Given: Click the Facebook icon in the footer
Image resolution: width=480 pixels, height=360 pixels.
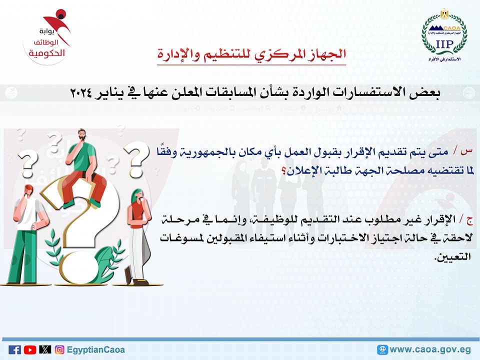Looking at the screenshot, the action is pos(14,349).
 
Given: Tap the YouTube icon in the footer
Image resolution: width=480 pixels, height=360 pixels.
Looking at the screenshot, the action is pos(30,349).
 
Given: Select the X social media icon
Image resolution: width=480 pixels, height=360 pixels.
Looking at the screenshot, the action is pos(45,349).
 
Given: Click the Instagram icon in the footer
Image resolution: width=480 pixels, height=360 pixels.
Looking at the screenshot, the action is pos(59,349).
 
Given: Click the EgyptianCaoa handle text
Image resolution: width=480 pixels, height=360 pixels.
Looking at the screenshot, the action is pos(96,350).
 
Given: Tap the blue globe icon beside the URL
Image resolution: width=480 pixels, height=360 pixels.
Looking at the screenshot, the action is pos(382,349).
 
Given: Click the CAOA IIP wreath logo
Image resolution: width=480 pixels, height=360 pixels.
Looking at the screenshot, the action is pos(444,35).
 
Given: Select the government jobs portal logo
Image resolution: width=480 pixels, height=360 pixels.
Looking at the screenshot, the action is pos(47,36).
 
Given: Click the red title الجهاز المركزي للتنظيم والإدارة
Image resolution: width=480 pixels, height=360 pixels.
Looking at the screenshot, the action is pos(251,54).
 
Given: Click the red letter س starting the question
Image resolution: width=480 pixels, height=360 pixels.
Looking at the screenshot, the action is pos(467,151).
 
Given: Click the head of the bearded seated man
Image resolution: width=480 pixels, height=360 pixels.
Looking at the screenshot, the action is pos(82,135).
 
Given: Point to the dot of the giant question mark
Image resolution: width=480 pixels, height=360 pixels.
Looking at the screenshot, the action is pos(78,267).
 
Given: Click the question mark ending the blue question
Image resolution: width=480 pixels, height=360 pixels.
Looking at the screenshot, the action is pos(284,171).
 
